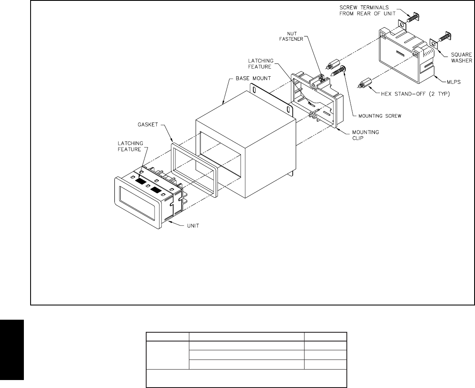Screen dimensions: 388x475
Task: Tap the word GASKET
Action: pyautogui.click(x=144, y=125)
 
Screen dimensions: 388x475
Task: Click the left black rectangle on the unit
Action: pyautogui.click(x=142, y=182)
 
